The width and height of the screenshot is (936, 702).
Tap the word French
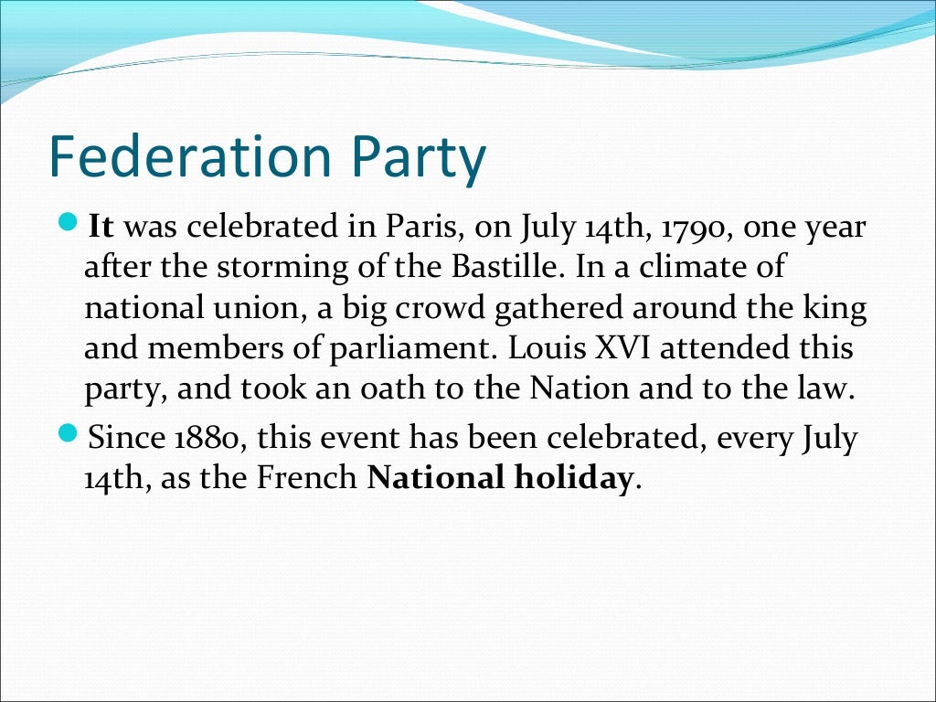(x=311, y=478)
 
